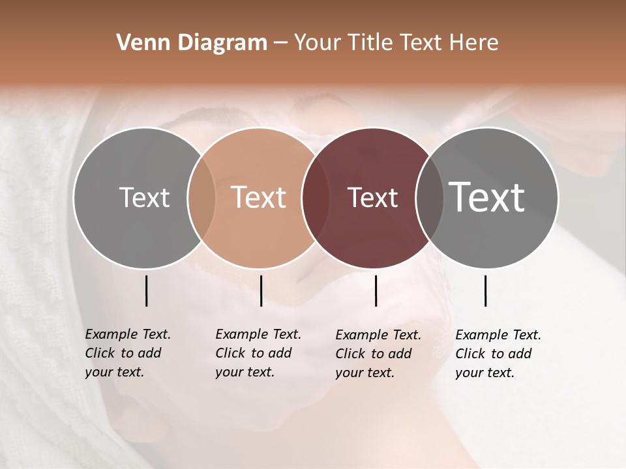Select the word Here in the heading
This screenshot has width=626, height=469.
tap(475, 43)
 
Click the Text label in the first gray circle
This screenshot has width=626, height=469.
tap(144, 197)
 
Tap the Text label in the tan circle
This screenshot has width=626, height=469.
tap(259, 197)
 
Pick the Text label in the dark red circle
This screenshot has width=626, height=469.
tap(372, 197)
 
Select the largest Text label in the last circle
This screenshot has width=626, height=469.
tap(487, 197)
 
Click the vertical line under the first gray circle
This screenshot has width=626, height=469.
tap(146, 291)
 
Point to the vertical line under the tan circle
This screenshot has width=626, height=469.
tap(261, 291)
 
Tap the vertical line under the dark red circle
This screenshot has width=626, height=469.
tap(376, 291)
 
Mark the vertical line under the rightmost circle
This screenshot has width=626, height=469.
tap(485, 291)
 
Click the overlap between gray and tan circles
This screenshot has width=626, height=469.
tap(201, 198)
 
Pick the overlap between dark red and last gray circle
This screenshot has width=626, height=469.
tap(429, 198)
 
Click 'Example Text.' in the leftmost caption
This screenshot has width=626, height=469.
tap(128, 334)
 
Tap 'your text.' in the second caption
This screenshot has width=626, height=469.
tap(245, 372)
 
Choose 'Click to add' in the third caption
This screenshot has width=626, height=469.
tap(374, 354)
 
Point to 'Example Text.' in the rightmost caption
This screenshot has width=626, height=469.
tap(498, 335)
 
